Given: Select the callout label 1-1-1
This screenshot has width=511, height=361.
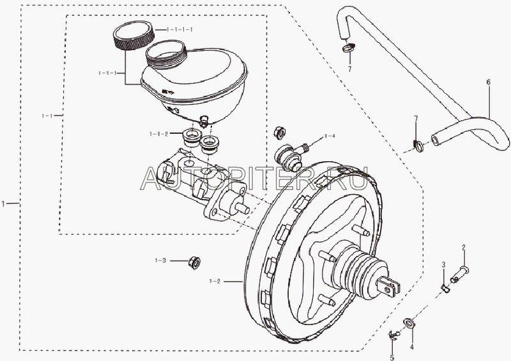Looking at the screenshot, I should pyautogui.click(x=107, y=74).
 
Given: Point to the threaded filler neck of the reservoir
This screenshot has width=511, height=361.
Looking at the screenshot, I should pyautogui.click(x=166, y=52).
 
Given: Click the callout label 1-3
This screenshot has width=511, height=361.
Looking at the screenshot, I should pyautogui.click(x=160, y=261).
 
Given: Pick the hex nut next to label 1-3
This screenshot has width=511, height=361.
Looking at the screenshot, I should pyautogui.click(x=195, y=261).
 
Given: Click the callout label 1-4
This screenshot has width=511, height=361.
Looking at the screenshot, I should pyautogui.click(x=330, y=136).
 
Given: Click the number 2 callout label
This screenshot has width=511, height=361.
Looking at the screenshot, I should pyautogui.click(x=464, y=248).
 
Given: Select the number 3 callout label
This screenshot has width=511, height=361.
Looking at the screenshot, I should pyautogui.click(x=442, y=265).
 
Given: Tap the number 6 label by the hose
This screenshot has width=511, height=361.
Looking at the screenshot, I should pyautogui.click(x=488, y=83).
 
